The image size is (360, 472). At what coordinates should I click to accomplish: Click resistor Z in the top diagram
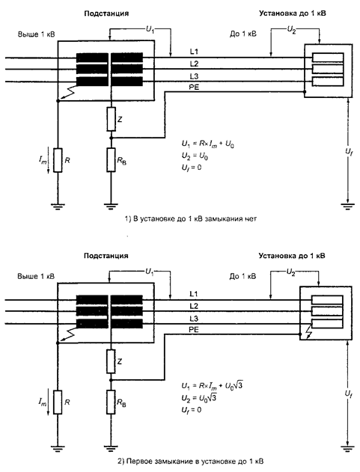[112, 119]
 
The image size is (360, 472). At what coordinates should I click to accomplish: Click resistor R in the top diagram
[58, 160]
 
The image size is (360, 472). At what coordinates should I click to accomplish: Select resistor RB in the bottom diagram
[112, 402]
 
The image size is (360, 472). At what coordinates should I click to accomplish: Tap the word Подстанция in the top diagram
[106, 13]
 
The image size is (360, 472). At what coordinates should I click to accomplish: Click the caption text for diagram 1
[191, 219]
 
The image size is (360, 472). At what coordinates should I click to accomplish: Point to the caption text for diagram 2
[190, 462]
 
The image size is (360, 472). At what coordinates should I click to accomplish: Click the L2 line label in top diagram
[195, 64]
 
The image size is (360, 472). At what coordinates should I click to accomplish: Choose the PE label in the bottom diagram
[194, 330]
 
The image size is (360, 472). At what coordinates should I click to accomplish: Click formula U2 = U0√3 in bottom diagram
[199, 398]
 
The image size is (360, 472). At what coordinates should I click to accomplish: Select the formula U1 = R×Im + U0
[208, 144]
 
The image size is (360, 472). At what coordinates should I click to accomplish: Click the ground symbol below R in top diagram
[58, 206]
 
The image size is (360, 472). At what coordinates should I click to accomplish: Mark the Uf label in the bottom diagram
[349, 393]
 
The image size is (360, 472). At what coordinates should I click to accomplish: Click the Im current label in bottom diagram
[43, 402]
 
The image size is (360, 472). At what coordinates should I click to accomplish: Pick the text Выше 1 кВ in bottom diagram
[36, 276]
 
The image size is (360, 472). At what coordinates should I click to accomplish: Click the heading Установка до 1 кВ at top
[293, 13]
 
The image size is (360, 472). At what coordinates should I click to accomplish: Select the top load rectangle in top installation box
[328, 58]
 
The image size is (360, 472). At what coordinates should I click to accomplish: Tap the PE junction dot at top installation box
[305, 92]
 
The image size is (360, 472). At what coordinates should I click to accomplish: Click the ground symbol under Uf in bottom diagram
[348, 448]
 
